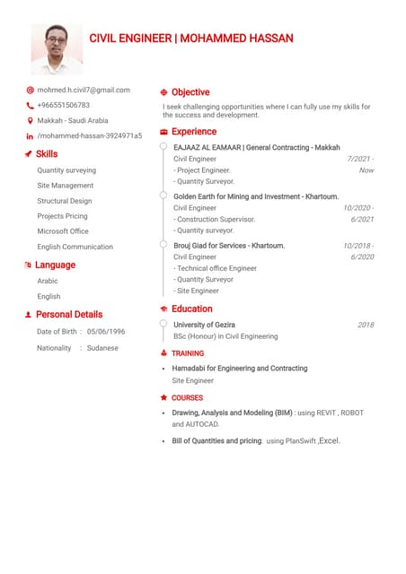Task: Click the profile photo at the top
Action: point(57,49)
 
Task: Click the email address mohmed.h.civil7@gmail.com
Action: point(84,90)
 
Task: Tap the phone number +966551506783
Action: point(63,105)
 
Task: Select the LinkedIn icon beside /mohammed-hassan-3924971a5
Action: point(30,136)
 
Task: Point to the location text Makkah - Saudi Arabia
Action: point(72,120)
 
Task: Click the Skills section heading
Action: point(47,154)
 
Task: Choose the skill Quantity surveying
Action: point(66,170)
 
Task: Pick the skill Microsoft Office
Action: point(63,231)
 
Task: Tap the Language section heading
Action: point(56,265)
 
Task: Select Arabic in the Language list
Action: point(48,281)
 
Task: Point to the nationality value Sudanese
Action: point(102,348)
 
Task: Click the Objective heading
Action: point(190,92)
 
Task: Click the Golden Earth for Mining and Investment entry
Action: point(256,196)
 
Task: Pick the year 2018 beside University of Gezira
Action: point(366,325)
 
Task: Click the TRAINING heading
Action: point(188,354)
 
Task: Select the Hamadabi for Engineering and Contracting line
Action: point(240,369)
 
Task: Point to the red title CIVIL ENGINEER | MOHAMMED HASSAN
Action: point(191,39)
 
